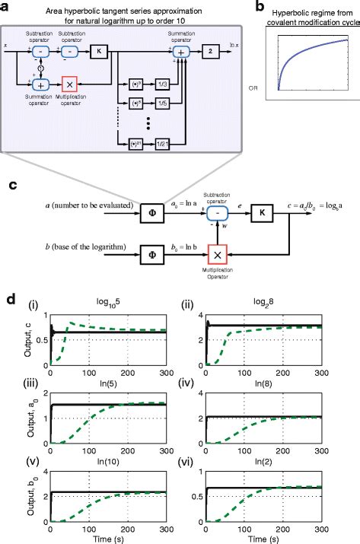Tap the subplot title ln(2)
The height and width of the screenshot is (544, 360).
point(274,459)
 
